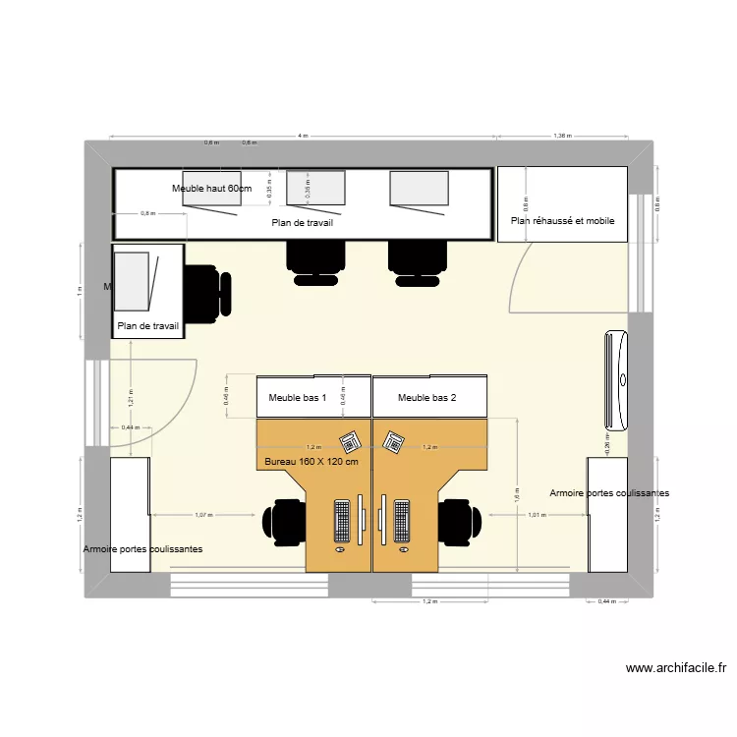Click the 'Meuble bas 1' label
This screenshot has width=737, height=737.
[x=297, y=398]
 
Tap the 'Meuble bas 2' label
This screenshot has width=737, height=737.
[x=427, y=398]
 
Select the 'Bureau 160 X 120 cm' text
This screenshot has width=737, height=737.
[x=312, y=462]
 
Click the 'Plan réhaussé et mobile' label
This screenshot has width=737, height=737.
[x=562, y=221]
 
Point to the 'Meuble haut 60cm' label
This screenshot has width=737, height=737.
[x=211, y=188]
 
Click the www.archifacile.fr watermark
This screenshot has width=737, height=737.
[x=676, y=668]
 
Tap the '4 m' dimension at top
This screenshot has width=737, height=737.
[x=303, y=136]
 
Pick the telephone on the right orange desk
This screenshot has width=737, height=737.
[x=395, y=442]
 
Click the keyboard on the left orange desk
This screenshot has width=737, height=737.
[x=343, y=521]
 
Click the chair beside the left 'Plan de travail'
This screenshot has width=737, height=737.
[x=207, y=293]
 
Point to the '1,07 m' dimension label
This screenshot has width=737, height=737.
[x=204, y=515]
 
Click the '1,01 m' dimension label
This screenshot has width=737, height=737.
[x=537, y=515]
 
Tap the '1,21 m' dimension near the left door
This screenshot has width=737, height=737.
[x=131, y=398]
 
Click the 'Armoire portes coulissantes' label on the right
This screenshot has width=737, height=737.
[x=609, y=492]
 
